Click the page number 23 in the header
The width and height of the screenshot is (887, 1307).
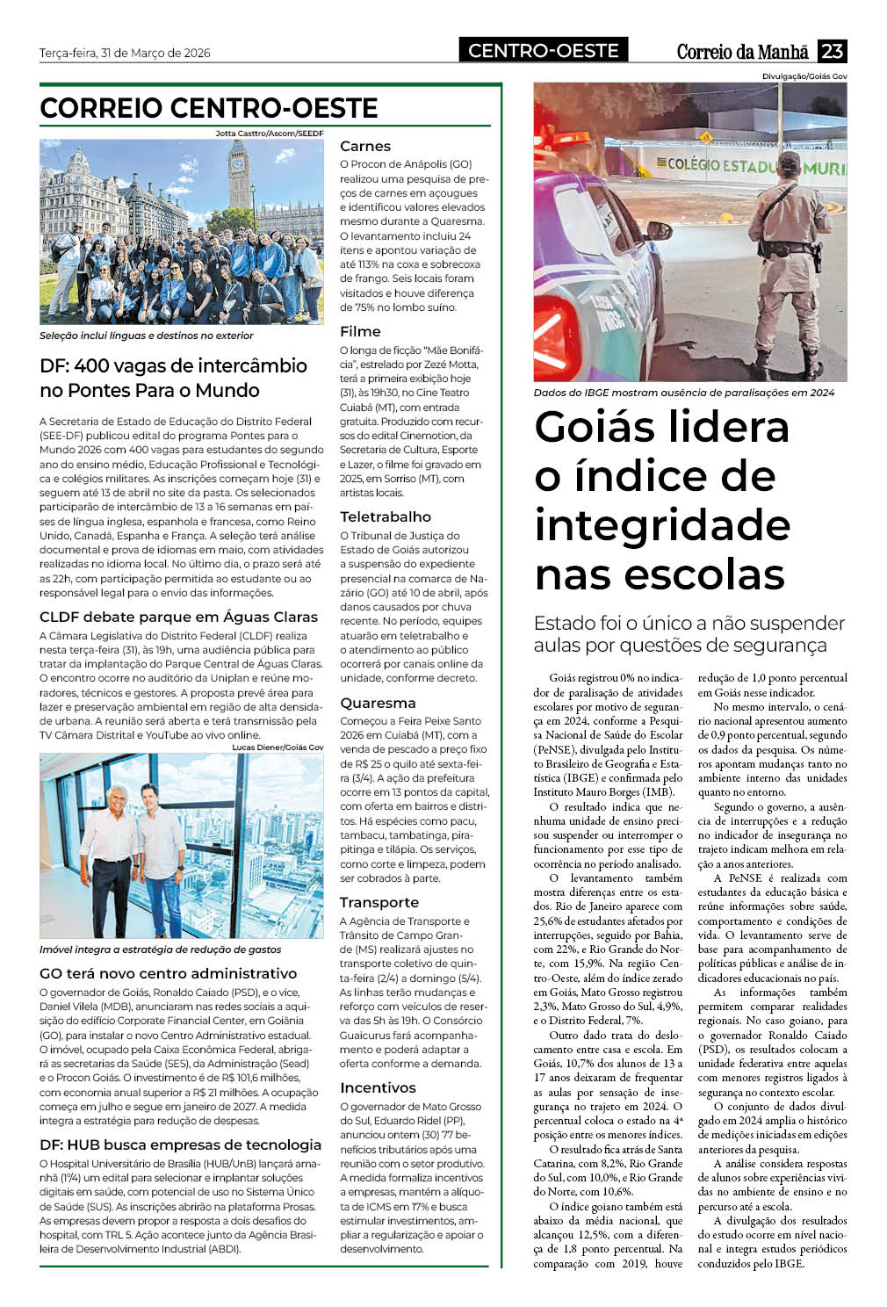pos(832,51)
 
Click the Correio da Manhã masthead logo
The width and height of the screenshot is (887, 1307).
pos(742,52)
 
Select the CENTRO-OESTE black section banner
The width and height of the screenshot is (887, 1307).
pos(543,51)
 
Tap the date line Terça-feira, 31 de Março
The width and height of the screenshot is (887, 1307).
pos(125,53)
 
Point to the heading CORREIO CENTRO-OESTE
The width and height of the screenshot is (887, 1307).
pos(209,108)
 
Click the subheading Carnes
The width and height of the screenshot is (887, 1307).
pos(365,147)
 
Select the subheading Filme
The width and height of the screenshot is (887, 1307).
pos(360,332)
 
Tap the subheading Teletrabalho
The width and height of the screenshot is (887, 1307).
pos(386,516)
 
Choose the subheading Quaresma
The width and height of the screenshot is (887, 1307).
pos(378,703)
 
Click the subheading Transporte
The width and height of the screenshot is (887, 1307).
pos(379,903)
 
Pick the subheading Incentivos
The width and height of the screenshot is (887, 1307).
pos(379,1087)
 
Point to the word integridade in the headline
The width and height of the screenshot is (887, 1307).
pos(662,525)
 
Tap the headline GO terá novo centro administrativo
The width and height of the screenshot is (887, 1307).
pos(169,973)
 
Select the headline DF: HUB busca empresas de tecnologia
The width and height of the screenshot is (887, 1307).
pos(181,1145)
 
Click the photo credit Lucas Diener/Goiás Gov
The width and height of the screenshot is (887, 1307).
pos(278,747)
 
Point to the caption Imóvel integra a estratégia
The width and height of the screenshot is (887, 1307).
pos(161,950)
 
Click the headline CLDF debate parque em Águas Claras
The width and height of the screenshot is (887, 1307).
pos(179,617)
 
